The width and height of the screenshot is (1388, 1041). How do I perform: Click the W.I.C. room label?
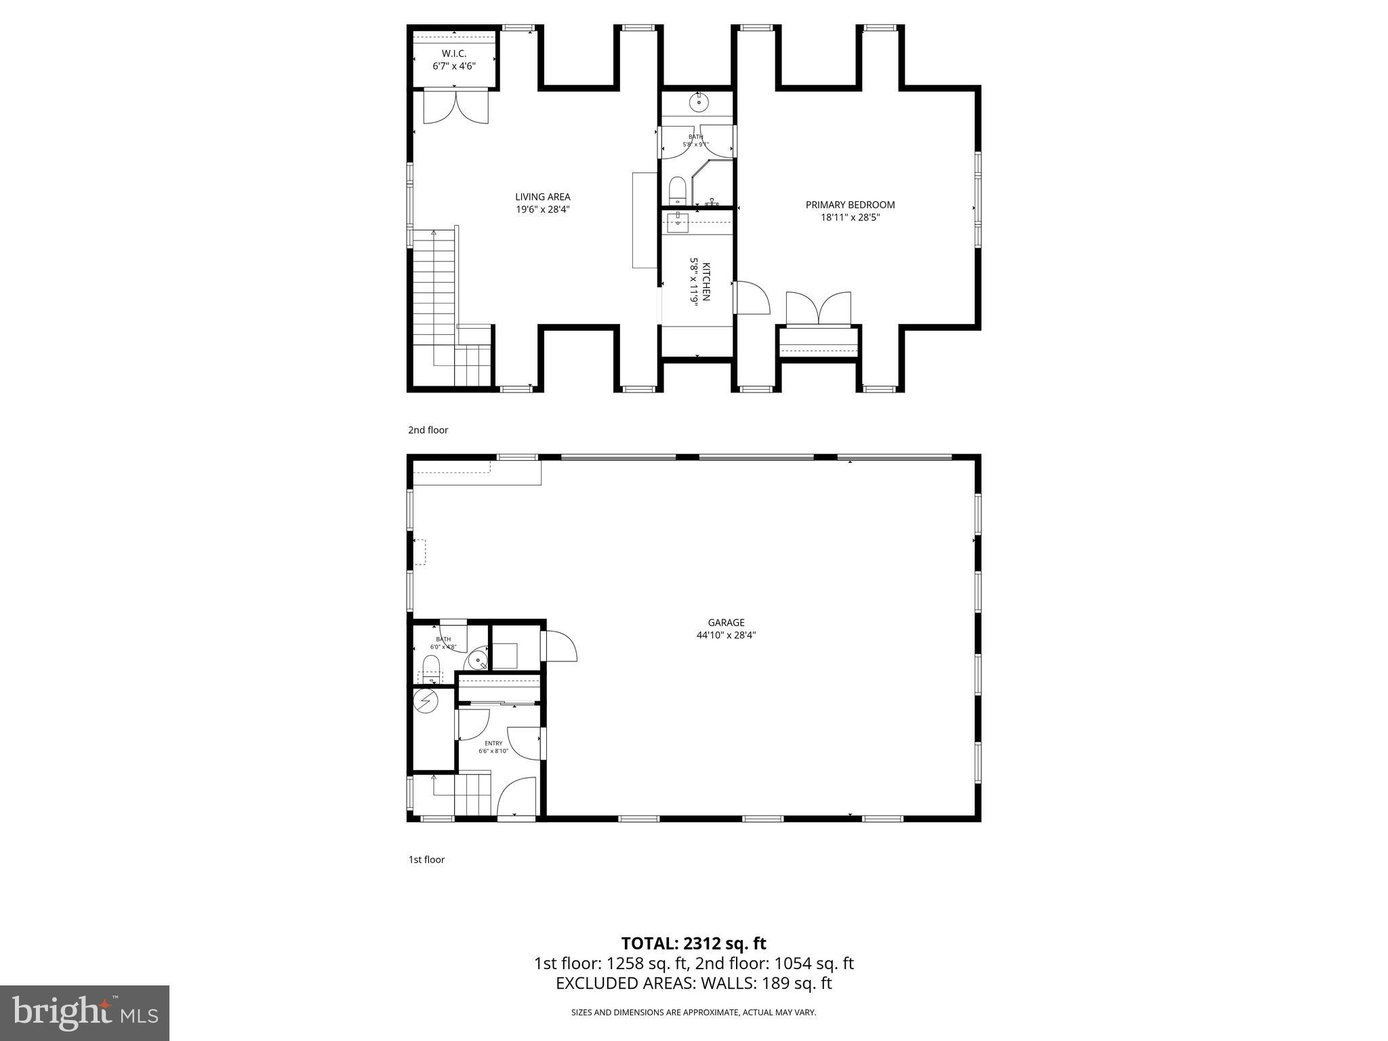454,54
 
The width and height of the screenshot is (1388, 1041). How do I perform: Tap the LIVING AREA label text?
542,197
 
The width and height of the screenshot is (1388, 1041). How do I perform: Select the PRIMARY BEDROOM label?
850,205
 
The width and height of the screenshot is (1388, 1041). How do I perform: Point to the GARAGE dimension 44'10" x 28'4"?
726,635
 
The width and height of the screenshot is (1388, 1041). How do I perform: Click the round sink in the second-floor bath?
699,103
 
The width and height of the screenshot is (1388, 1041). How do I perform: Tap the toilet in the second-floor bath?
677,190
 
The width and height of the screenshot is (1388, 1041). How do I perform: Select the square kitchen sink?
678,219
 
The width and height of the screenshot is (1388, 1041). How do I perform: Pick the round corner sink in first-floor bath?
479,661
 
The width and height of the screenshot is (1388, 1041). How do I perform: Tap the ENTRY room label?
493,743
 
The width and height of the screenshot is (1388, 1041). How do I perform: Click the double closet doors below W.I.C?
455,108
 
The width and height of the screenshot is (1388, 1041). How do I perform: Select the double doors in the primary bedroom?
819,309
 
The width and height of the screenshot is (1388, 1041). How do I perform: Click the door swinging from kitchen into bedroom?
752,298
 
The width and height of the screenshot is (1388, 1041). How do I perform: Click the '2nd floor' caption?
428,430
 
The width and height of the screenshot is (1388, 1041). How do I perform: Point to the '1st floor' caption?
426,859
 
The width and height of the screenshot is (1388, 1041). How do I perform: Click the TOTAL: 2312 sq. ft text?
693,943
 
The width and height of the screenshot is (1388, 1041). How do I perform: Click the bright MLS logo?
85,1013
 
